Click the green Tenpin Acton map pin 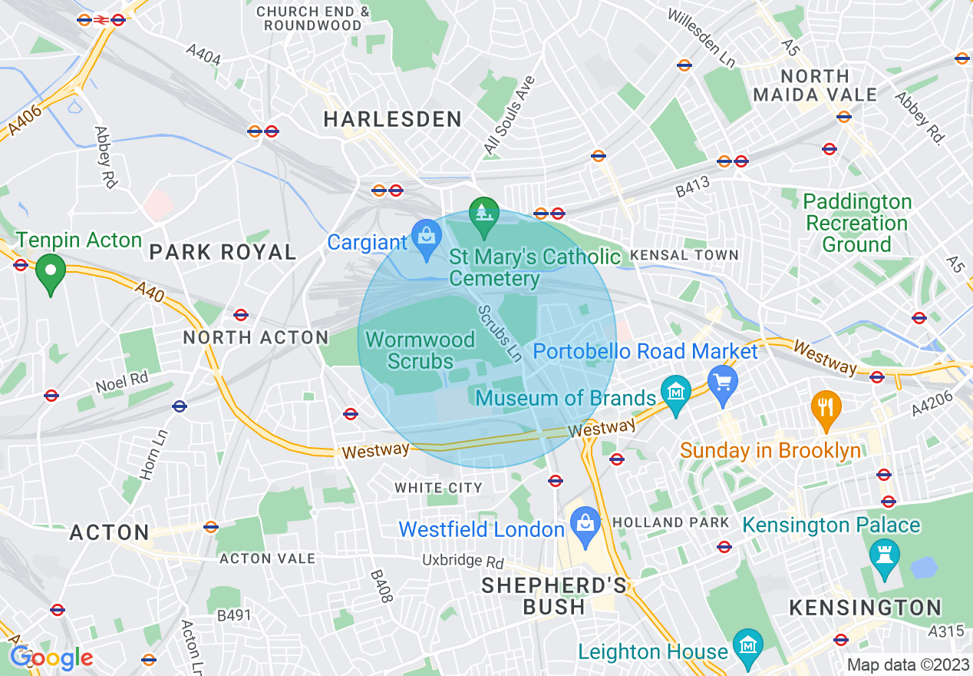(x=51, y=273)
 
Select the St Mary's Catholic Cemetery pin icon (x=484, y=216)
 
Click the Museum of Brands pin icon (x=675, y=395)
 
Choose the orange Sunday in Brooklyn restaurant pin (x=826, y=409)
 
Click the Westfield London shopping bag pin (x=585, y=526)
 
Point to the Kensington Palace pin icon (x=884, y=558)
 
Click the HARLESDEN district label (x=392, y=119)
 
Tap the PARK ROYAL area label (x=223, y=252)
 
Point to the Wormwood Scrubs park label (x=420, y=350)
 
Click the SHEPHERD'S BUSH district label (x=553, y=596)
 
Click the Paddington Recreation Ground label (x=856, y=224)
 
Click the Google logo (x=51, y=658)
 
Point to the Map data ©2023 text (x=908, y=664)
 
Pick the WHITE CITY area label (x=438, y=488)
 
